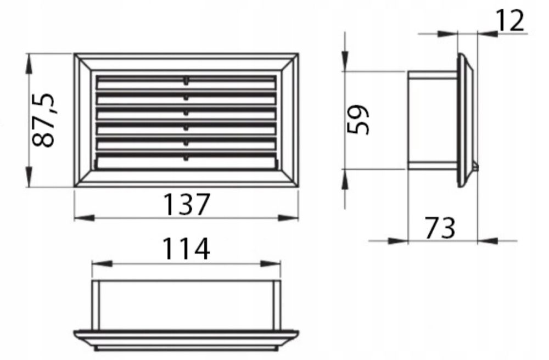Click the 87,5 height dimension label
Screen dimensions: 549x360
click(43, 120)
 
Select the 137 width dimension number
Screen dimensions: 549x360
click(186, 204)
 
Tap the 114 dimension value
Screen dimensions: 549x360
click(186, 249)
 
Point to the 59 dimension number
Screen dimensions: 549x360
click(358, 119)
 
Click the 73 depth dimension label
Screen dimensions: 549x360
click(440, 228)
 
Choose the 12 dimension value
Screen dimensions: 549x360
click(511, 21)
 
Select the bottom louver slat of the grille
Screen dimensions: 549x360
click(186, 162)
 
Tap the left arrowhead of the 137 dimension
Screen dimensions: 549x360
click(85, 218)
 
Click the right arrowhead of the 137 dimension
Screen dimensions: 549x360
click(288, 218)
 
